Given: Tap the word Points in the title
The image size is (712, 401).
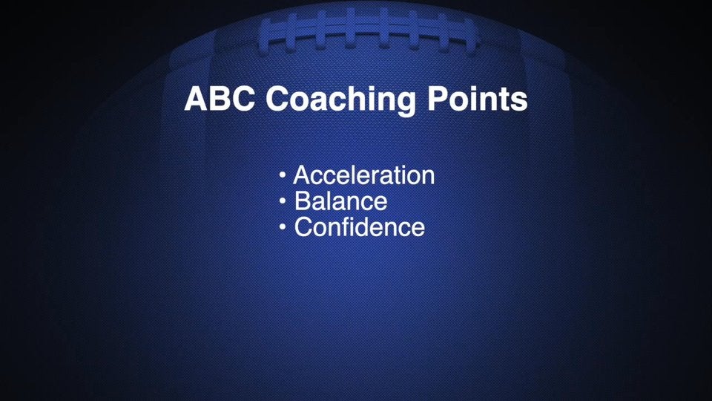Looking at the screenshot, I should [478, 100].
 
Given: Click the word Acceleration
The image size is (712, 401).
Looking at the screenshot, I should [363, 176].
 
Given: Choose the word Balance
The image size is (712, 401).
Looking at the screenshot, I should [340, 201].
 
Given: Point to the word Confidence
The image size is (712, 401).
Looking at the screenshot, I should [359, 226].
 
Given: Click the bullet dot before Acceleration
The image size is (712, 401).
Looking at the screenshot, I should [283, 176].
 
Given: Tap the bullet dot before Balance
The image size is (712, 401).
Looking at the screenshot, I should [283, 201].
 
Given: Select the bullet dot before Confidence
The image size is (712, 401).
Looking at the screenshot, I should [283, 226].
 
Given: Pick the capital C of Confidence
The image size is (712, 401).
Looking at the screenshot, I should [303, 226].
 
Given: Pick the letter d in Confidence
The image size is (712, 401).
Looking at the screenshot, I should [378, 226].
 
